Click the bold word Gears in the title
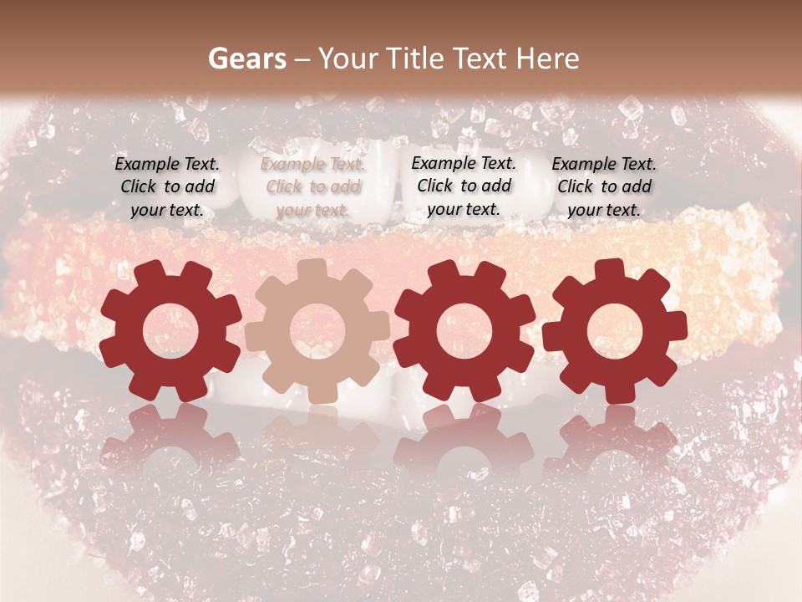246,59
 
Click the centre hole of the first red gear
170,331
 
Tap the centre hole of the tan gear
317,331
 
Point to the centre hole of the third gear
464,331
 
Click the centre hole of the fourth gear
614,331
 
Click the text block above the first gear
167,186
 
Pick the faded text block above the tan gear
312,186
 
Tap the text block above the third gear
464,186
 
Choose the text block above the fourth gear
604,186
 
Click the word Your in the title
349,59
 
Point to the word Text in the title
482,59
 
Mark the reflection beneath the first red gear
170,439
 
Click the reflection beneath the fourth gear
614,439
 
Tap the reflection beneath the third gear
464,439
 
